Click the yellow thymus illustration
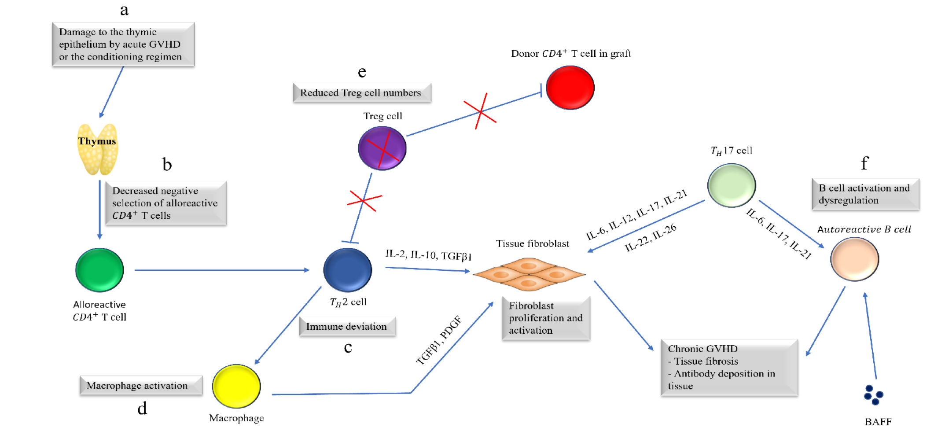tap(97, 150)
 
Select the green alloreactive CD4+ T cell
tap(99, 270)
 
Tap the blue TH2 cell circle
tap(347, 270)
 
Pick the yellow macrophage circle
tap(236, 386)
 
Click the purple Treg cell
tap(382, 148)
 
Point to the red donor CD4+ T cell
tap(570, 88)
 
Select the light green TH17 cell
tap(732, 185)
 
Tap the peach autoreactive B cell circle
tap(854, 259)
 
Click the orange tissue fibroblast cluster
tap(529, 274)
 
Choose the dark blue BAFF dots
tap(874, 395)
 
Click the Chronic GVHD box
tap(729, 368)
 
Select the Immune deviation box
tap(347, 327)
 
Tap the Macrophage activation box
tap(141, 386)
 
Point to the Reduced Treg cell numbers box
tap(361, 93)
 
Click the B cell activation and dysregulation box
tap(865, 194)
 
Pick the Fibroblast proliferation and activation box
tap(546, 318)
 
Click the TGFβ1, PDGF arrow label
tap(439, 340)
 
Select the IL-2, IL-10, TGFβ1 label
tap(428, 255)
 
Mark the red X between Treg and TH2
tap(364, 201)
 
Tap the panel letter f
tap(864, 164)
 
